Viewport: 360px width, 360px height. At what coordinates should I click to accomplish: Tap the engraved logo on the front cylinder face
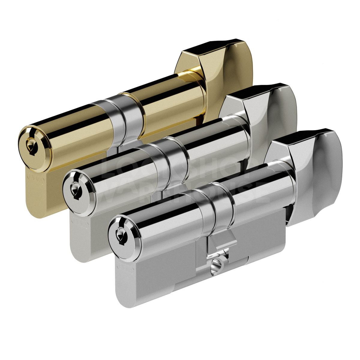[123, 266]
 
